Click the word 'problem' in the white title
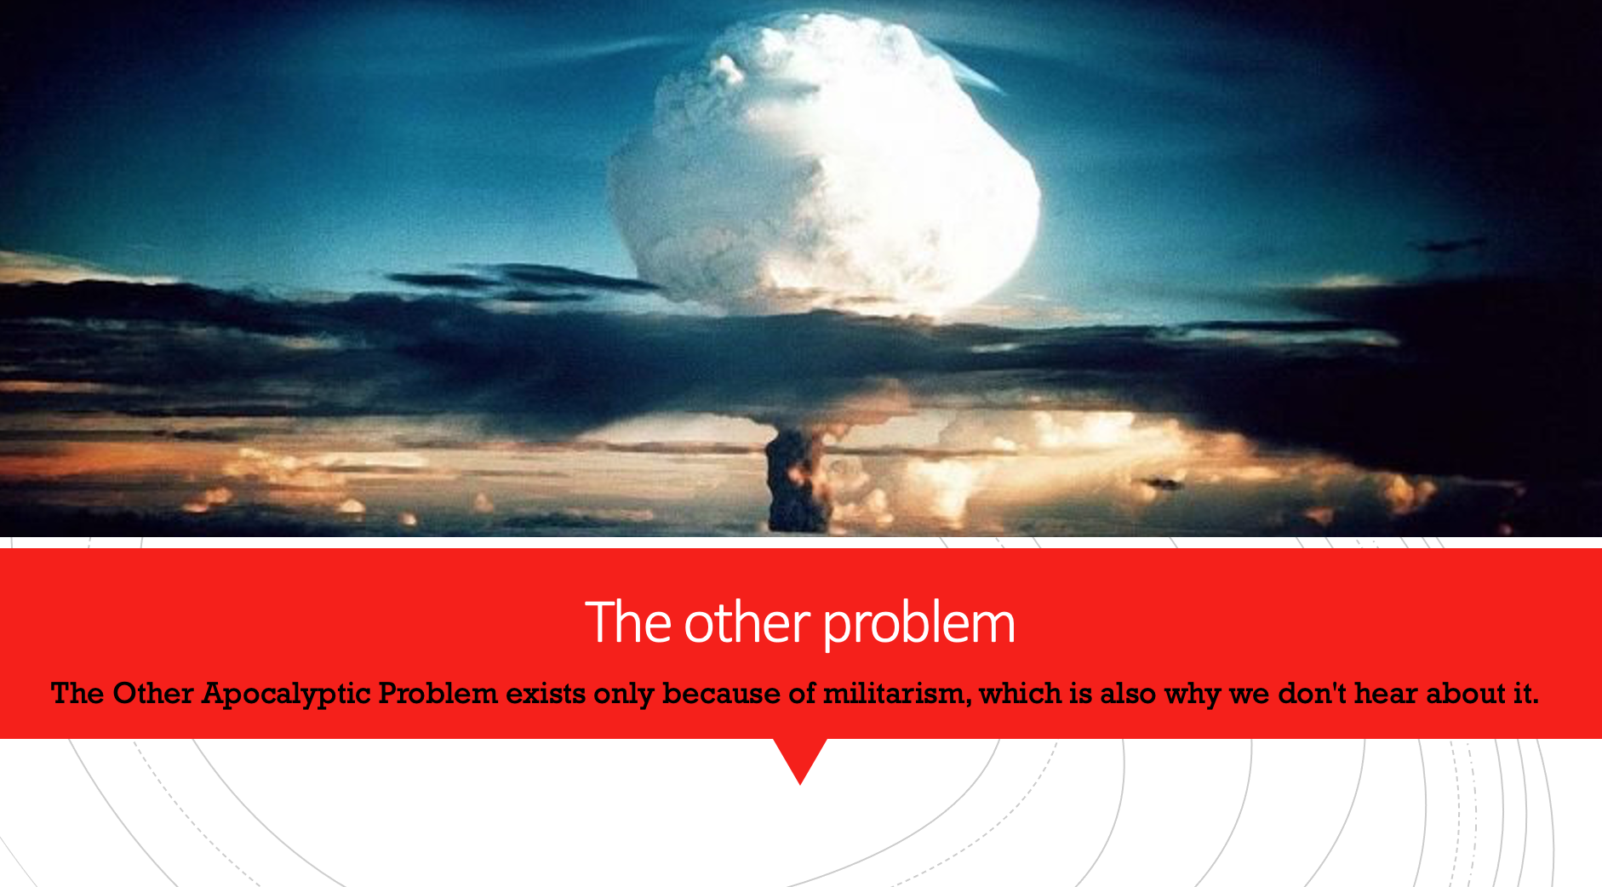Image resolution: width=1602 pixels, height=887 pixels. pos(919,624)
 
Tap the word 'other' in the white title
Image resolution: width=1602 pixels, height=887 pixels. pos(747,622)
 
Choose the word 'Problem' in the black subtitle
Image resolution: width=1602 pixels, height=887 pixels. pos(438,694)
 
